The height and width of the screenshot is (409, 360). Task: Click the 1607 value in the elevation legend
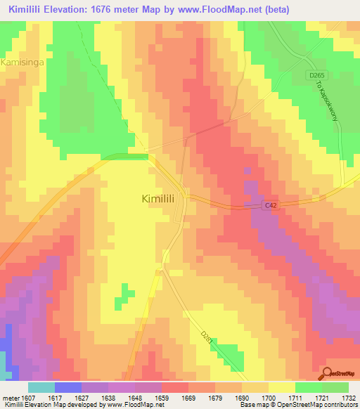pos(27,397)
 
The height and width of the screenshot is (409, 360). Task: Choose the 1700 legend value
pos(268,397)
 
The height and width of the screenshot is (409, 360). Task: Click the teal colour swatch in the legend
pos(41,387)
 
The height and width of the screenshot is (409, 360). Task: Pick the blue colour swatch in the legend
pos(68,387)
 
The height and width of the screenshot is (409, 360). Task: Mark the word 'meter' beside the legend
pos(10,397)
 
